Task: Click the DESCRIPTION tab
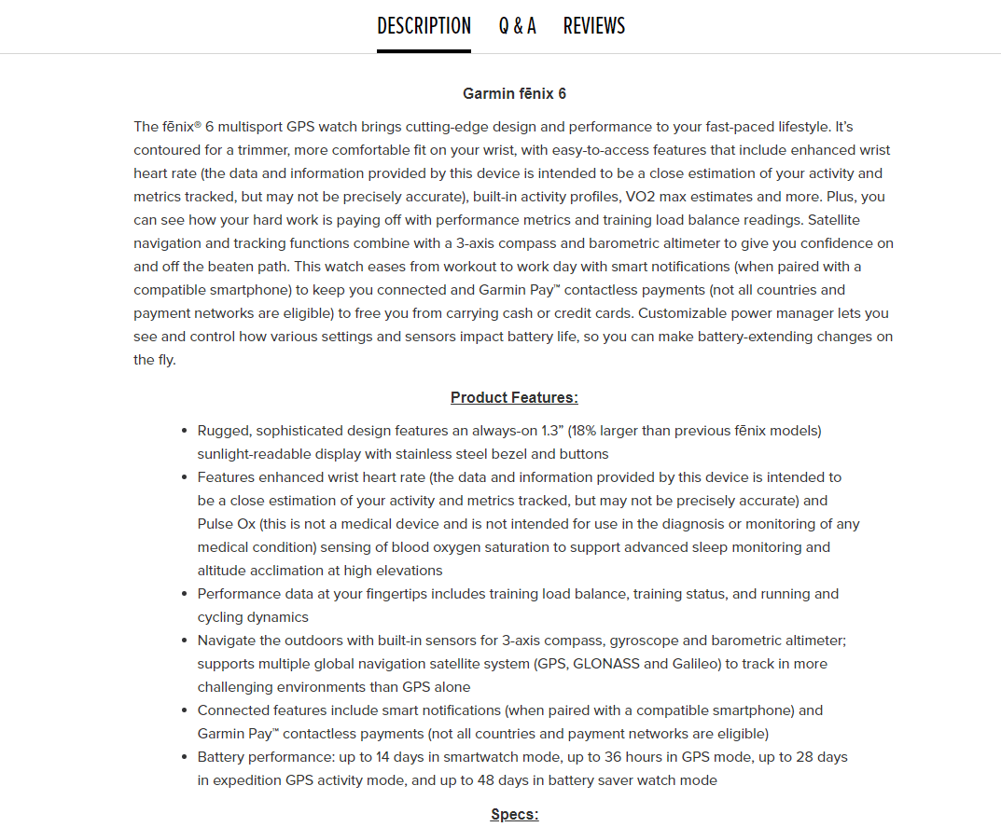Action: [x=424, y=26]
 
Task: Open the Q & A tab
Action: [x=517, y=26]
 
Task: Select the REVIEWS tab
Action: [x=594, y=26]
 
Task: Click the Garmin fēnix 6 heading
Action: [x=514, y=93]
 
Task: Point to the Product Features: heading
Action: [x=514, y=398]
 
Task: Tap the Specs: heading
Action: [x=514, y=815]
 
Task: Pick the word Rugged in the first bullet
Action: [x=224, y=431]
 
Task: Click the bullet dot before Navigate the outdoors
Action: [x=184, y=641]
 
